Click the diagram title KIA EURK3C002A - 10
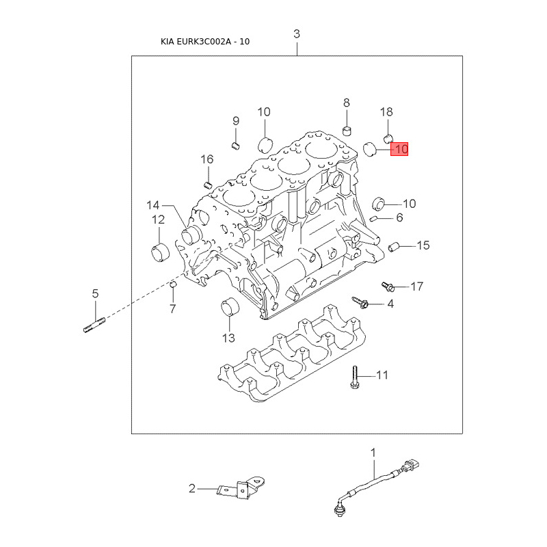point(205,42)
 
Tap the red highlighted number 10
point(399,148)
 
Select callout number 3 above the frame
point(297,34)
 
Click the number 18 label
point(386,111)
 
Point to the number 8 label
point(347,103)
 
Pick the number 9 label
point(236,121)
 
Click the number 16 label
point(206,159)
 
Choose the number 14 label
point(152,204)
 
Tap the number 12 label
point(158,219)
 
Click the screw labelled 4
point(360,301)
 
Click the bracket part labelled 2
point(240,488)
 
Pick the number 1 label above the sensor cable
point(373,452)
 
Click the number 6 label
point(400,218)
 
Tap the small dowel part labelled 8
point(347,130)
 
